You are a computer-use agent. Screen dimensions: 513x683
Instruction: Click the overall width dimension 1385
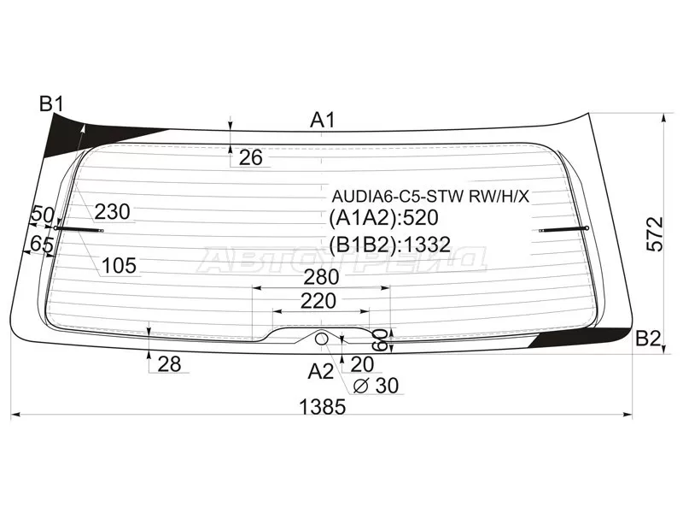click(x=323, y=407)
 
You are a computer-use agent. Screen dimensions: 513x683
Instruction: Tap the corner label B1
click(x=52, y=105)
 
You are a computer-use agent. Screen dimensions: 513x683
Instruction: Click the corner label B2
click(x=648, y=338)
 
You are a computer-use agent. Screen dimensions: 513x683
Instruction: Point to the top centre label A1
click(x=322, y=121)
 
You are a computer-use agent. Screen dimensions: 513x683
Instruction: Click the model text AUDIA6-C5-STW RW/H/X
click(x=431, y=197)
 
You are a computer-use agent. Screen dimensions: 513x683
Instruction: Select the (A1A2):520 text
click(x=383, y=218)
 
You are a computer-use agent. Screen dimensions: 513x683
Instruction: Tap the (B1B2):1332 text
click(x=389, y=245)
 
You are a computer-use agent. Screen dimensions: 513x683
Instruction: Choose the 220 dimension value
click(x=318, y=301)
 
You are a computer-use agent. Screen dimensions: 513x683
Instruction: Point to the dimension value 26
click(x=250, y=156)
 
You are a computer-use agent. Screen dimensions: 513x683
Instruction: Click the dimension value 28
click(x=169, y=364)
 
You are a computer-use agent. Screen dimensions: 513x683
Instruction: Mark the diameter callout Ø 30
click(x=376, y=386)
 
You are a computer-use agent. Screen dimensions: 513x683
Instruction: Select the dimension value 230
click(x=112, y=212)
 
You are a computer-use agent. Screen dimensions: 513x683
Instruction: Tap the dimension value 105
click(x=119, y=266)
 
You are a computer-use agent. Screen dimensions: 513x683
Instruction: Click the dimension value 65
click(x=42, y=245)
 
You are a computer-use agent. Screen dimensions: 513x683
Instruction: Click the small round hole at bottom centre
click(x=322, y=339)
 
